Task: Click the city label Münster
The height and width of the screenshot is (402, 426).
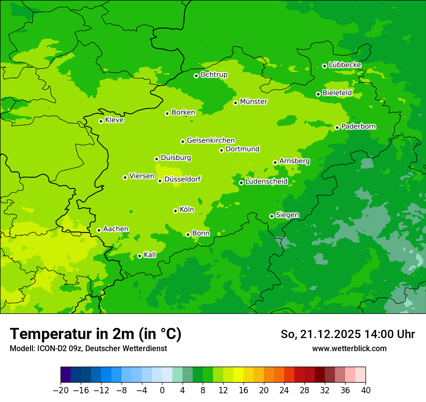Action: click(x=254, y=102)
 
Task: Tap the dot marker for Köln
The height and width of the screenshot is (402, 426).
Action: click(x=175, y=211)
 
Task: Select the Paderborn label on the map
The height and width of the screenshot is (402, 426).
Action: click(x=359, y=126)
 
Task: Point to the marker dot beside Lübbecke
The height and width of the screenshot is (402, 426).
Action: click(x=324, y=66)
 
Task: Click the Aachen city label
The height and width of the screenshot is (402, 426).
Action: click(x=116, y=229)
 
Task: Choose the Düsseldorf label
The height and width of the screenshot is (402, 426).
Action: click(x=183, y=179)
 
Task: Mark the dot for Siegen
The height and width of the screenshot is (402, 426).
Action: click(x=272, y=216)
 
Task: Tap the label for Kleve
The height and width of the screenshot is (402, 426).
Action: click(x=114, y=120)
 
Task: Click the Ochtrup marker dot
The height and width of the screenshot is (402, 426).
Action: click(x=196, y=76)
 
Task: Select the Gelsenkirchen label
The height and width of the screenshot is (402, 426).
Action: click(x=211, y=140)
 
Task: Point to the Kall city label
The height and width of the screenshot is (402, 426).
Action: click(x=150, y=255)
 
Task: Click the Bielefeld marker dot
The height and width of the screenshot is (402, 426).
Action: click(x=318, y=94)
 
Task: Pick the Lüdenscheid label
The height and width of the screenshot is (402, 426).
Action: click(x=266, y=182)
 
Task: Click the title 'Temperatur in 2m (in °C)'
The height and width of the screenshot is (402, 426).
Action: click(x=95, y=334)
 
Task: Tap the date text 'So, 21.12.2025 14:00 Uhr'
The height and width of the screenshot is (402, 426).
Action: click(x=348, y=334)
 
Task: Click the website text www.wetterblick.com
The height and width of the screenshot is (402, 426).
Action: click(x=349, y=348)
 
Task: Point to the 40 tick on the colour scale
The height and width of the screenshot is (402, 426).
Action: click(x=365, y=390)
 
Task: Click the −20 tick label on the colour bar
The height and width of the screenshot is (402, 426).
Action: click(x=61, y=390)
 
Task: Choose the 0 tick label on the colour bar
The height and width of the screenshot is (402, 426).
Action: click(x=162, y=390)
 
